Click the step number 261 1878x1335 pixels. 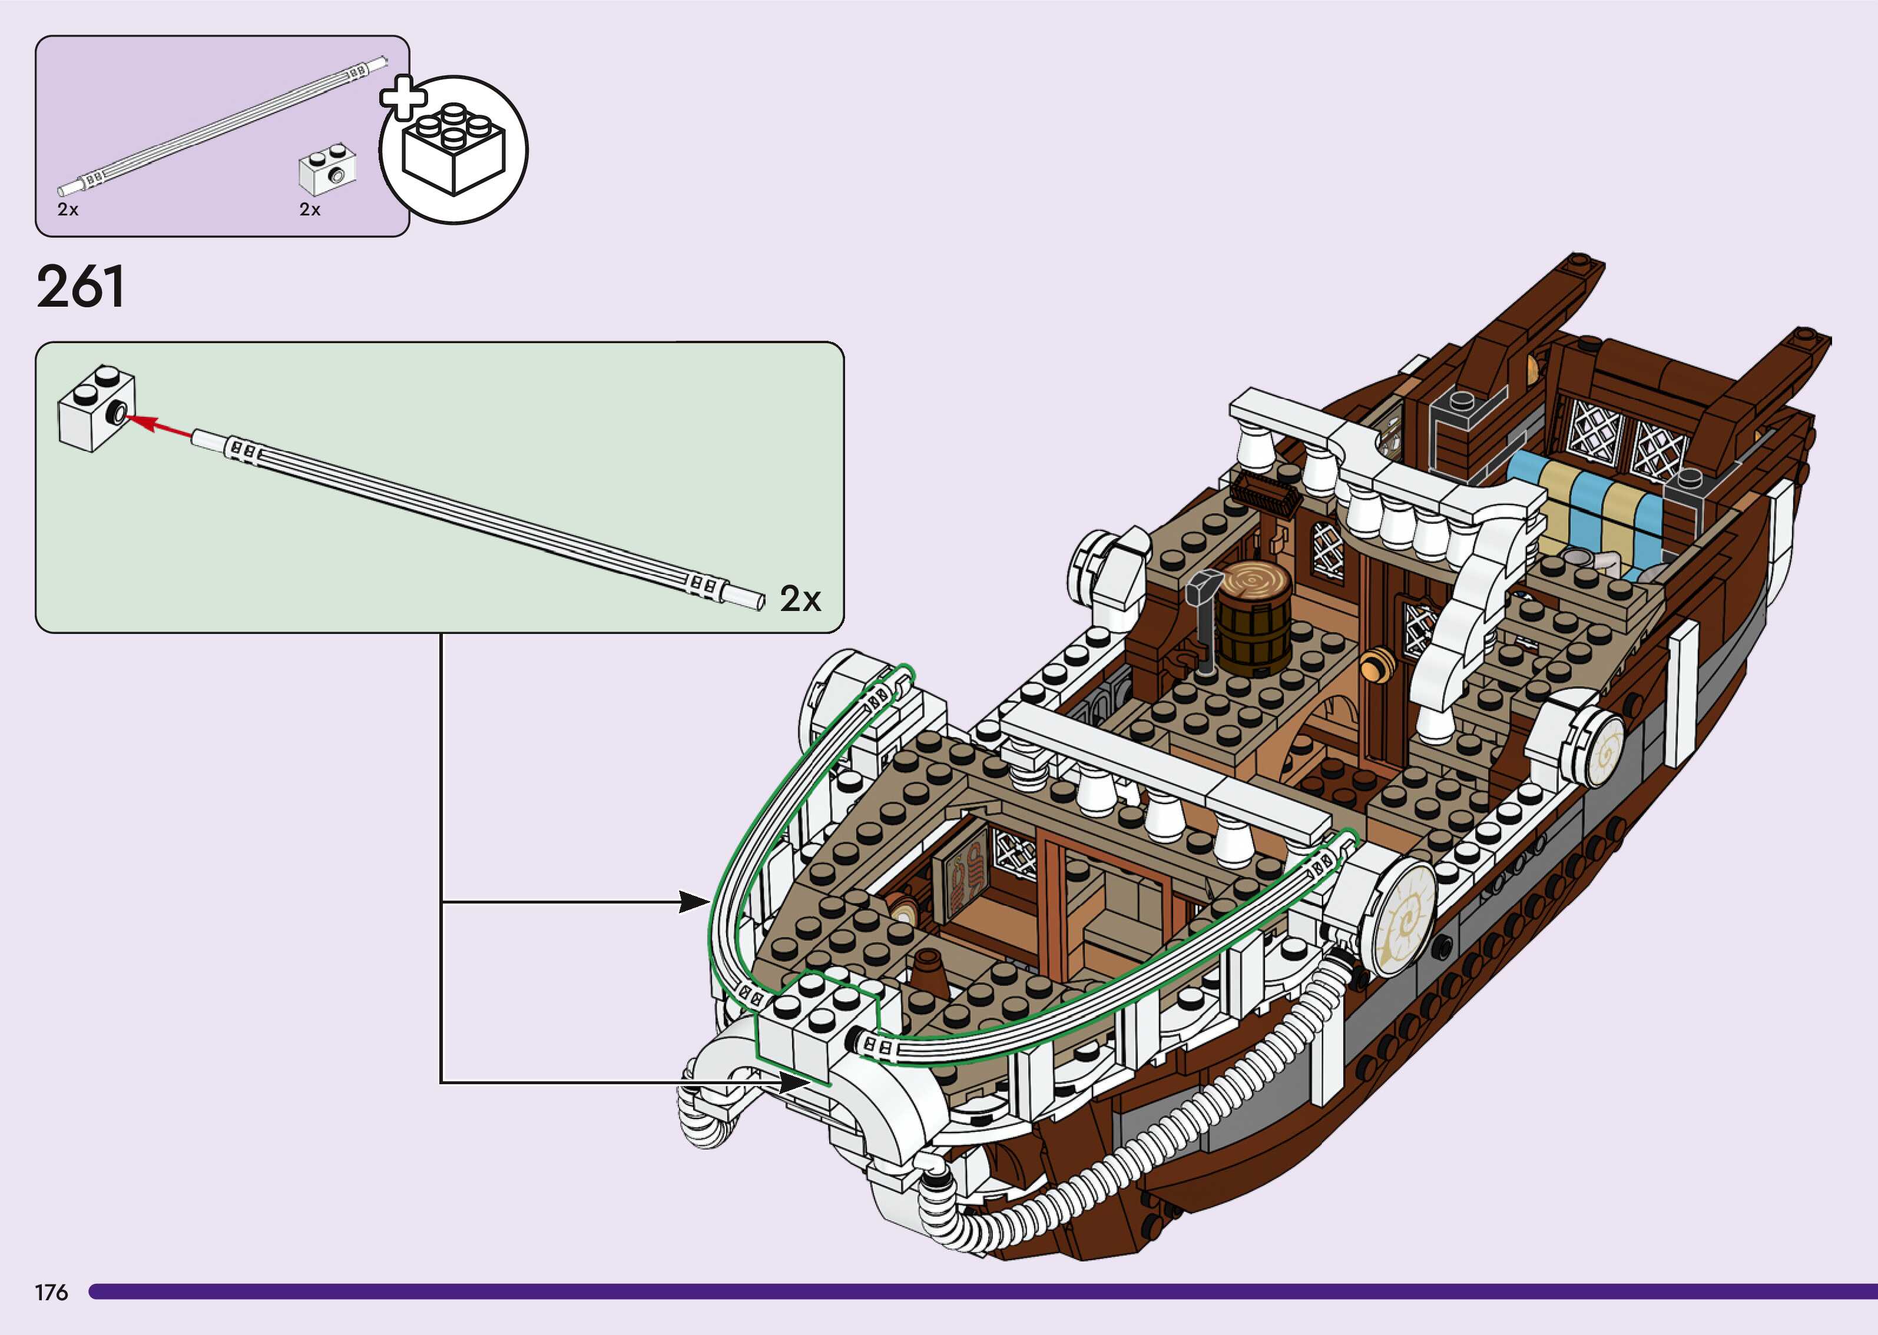pos(81,287)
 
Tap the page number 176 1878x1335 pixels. pos(51,1292)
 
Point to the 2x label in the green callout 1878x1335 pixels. pos(800,599)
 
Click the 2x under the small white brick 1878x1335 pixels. pos(310,210)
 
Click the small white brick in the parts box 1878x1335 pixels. pos(327,170)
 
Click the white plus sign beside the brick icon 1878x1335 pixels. pos(403,98)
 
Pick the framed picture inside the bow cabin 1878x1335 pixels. pos(962,881)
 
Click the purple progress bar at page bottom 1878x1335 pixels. pos(979,1291)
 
